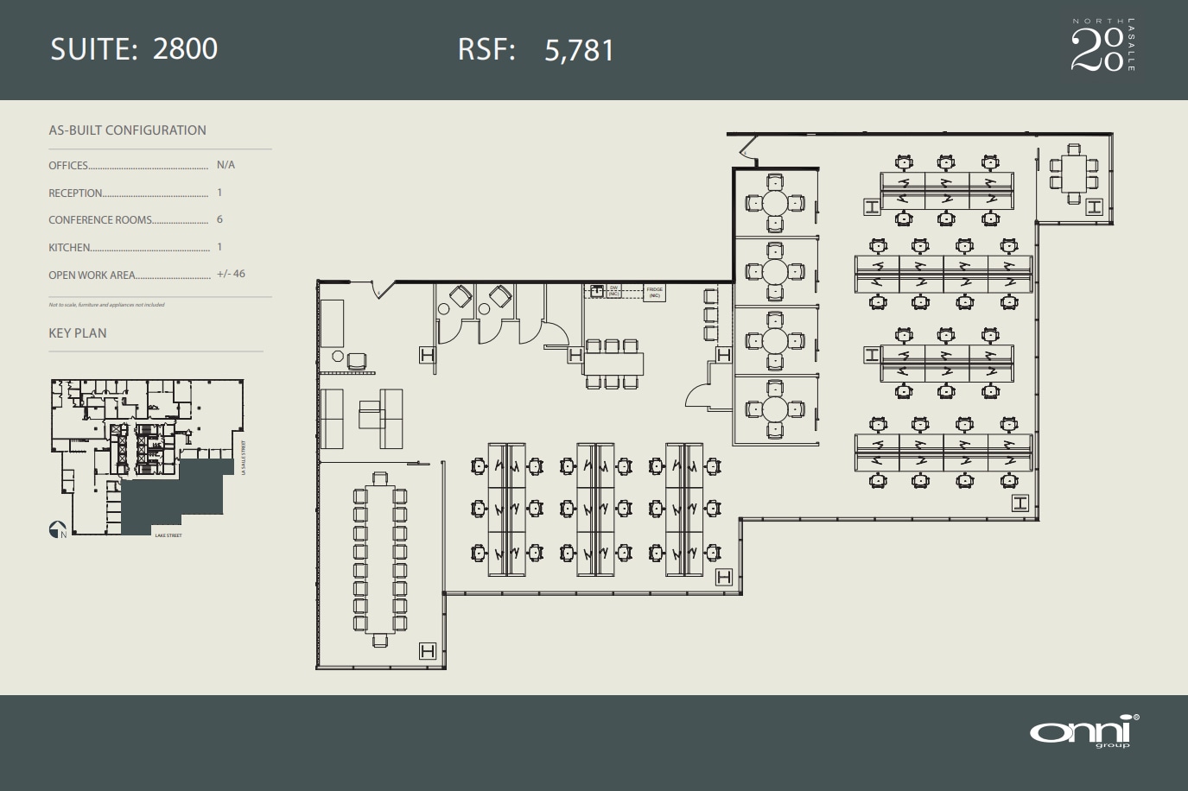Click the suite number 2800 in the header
[185, 48]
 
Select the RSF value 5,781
[579, 50]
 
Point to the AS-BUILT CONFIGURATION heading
[127, 130]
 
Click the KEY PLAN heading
[78, 333]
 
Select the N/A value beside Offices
[226, 165]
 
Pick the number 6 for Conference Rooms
[219, 219]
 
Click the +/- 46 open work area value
[231, 274]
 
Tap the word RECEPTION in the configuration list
[75, 193]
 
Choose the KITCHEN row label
[69, 248]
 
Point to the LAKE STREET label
[168, 536]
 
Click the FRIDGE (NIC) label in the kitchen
[655, 293]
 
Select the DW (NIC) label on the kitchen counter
[613, 291]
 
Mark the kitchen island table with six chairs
[613, 364]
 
